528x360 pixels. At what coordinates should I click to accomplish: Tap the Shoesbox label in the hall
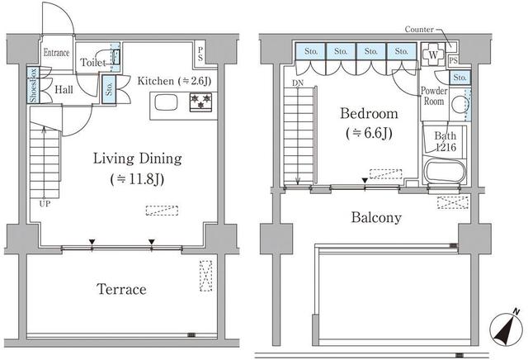[x=33, y=85]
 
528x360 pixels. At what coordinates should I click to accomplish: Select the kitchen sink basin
[x=166, y=102]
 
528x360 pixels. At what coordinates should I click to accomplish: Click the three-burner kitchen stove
[x=200, y=102]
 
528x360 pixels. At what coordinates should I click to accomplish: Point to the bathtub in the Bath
[x=445, y=172]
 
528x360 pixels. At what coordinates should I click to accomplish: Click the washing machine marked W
[x=433, y=54]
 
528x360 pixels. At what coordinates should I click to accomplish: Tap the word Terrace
[x=121, y=289]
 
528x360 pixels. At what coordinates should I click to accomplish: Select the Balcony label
[x=376, y=217]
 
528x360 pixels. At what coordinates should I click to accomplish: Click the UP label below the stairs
[x=45, y=204]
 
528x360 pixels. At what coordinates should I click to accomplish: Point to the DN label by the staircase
[x=297, y=83]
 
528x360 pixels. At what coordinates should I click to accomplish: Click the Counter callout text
[x=419, y=30]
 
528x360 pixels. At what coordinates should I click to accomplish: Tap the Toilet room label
[x=93, y=63]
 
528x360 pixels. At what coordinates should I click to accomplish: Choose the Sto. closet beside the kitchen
[x=109, y=89]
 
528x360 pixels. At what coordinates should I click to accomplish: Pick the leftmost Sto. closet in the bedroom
[x=310, y=51]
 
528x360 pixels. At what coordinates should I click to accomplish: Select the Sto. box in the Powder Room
[x=460, y=78]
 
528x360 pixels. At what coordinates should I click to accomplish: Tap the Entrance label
[x=57, y=53]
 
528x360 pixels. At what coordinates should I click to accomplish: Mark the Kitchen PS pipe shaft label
[x=200, y=54]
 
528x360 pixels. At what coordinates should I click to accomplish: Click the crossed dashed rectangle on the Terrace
[x=205, y=276]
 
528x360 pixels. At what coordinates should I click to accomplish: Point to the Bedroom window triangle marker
[x=365, y=181]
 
